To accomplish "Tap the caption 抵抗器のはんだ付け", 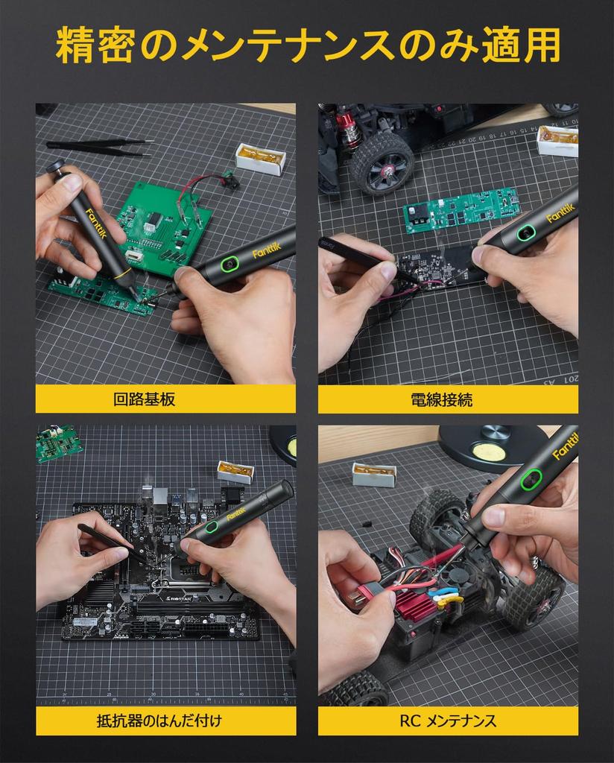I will pyautogui.click(x=159, y=721).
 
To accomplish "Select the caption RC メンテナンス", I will pyautogui.click(x=447, y=721).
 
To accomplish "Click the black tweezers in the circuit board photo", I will pyautogui.click(x=101, y=147).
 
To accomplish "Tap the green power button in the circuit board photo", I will pyautogui.click(x=228, y=263).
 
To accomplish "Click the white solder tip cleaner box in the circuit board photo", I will pyautogui.click(x=261, y=158).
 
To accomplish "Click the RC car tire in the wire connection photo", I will pyautogui.click(x=382, y=163).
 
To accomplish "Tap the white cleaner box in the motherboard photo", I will pyautogui.click(x=235, y=471).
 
